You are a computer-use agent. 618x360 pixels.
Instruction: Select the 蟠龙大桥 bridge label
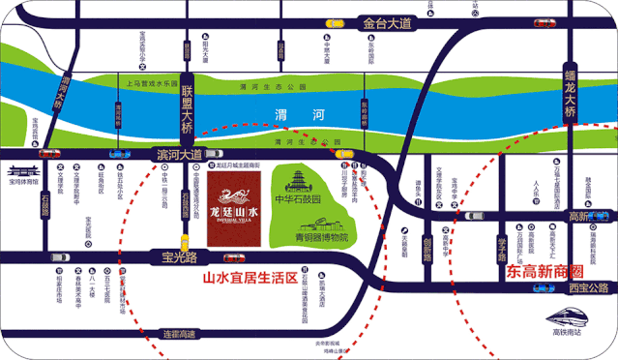point(571,87)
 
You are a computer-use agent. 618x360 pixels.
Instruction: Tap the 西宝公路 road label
point(587,287)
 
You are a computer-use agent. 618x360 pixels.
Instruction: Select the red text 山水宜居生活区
point(249,278)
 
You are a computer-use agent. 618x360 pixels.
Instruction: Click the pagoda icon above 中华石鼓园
point(300,178)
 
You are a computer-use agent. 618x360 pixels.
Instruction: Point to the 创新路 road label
point(427,249)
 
